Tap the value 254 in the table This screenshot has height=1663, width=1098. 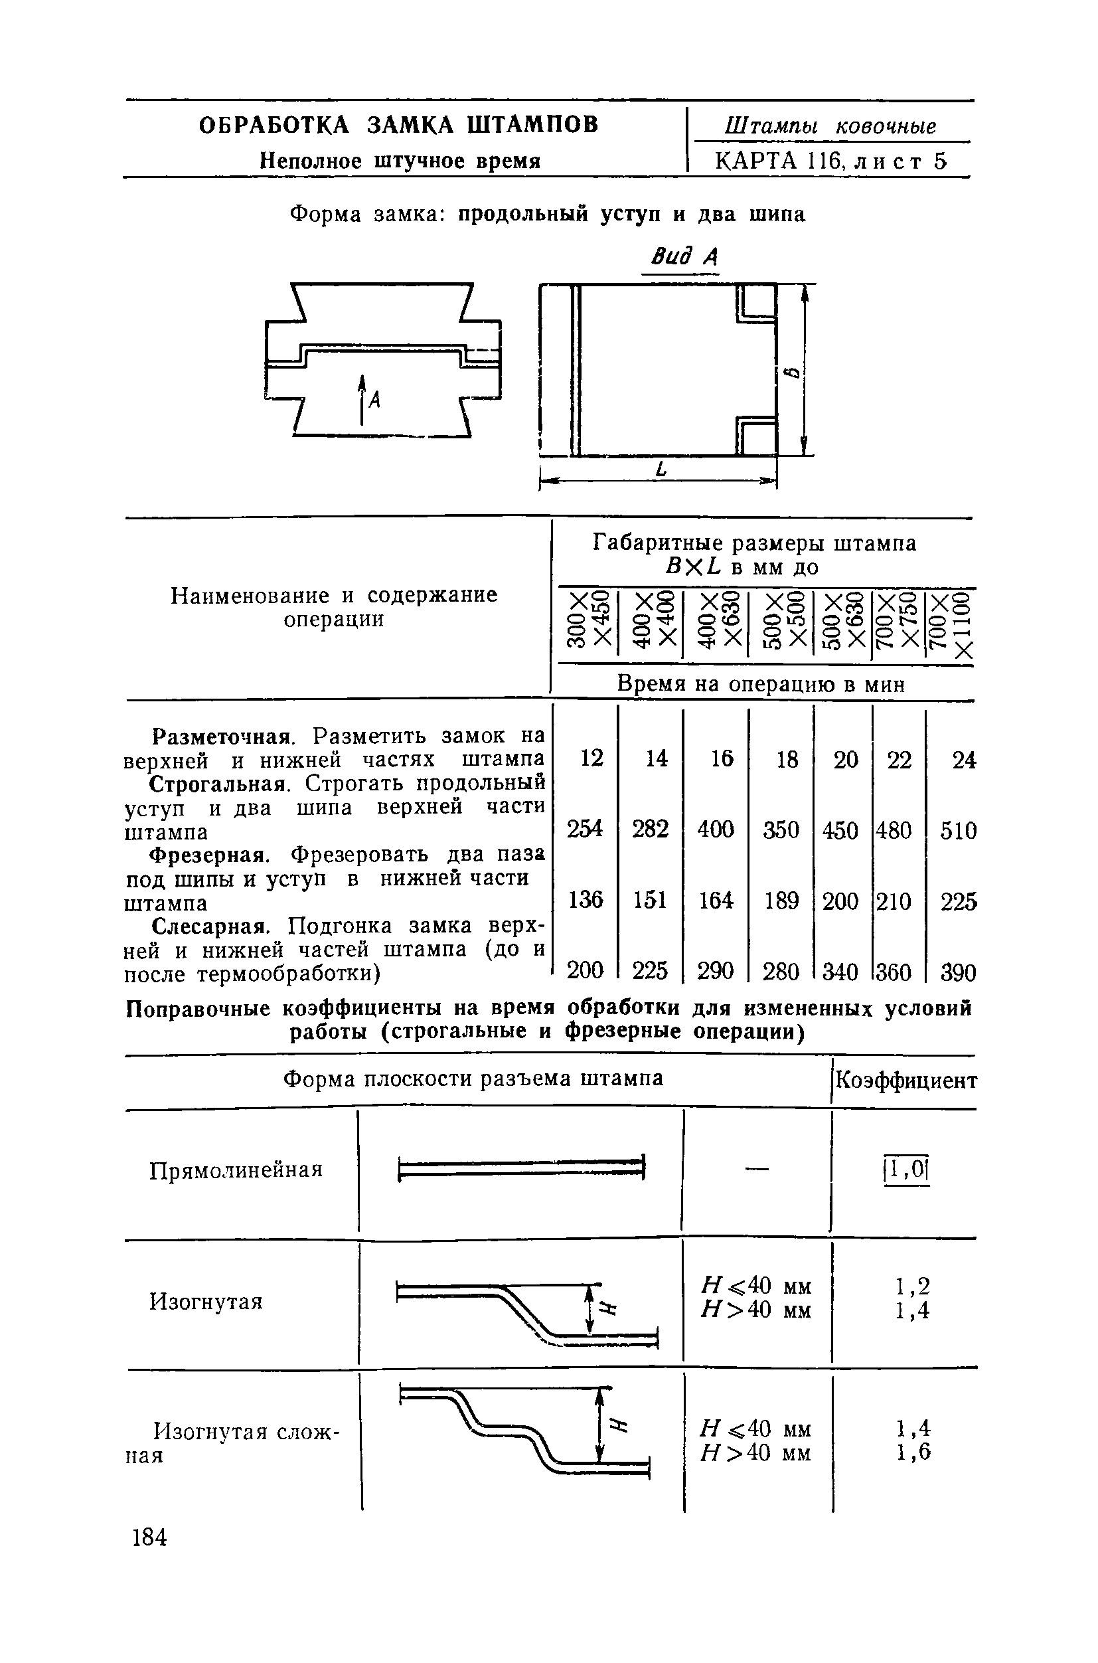pyautogui.click(x=585, y=829)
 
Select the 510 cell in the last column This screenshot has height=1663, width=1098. pyautogui.click(x=958, y=831)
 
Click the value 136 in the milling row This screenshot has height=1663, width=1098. pyautogui.click(x=586, y=899)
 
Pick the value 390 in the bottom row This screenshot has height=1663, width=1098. pyautogui.click(x=958, y=972)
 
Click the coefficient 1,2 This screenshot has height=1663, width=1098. pyautogui.click(x=913, y=1286)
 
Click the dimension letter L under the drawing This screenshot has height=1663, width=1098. pyautogui.click(x=659, y=471)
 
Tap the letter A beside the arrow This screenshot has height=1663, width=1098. pyautogui.click(x=374, y=400)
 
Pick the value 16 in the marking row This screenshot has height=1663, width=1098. pyautogui.click(x=721, y=758)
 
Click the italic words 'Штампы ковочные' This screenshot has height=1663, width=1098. pyautogui.click(x=830, y=126)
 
